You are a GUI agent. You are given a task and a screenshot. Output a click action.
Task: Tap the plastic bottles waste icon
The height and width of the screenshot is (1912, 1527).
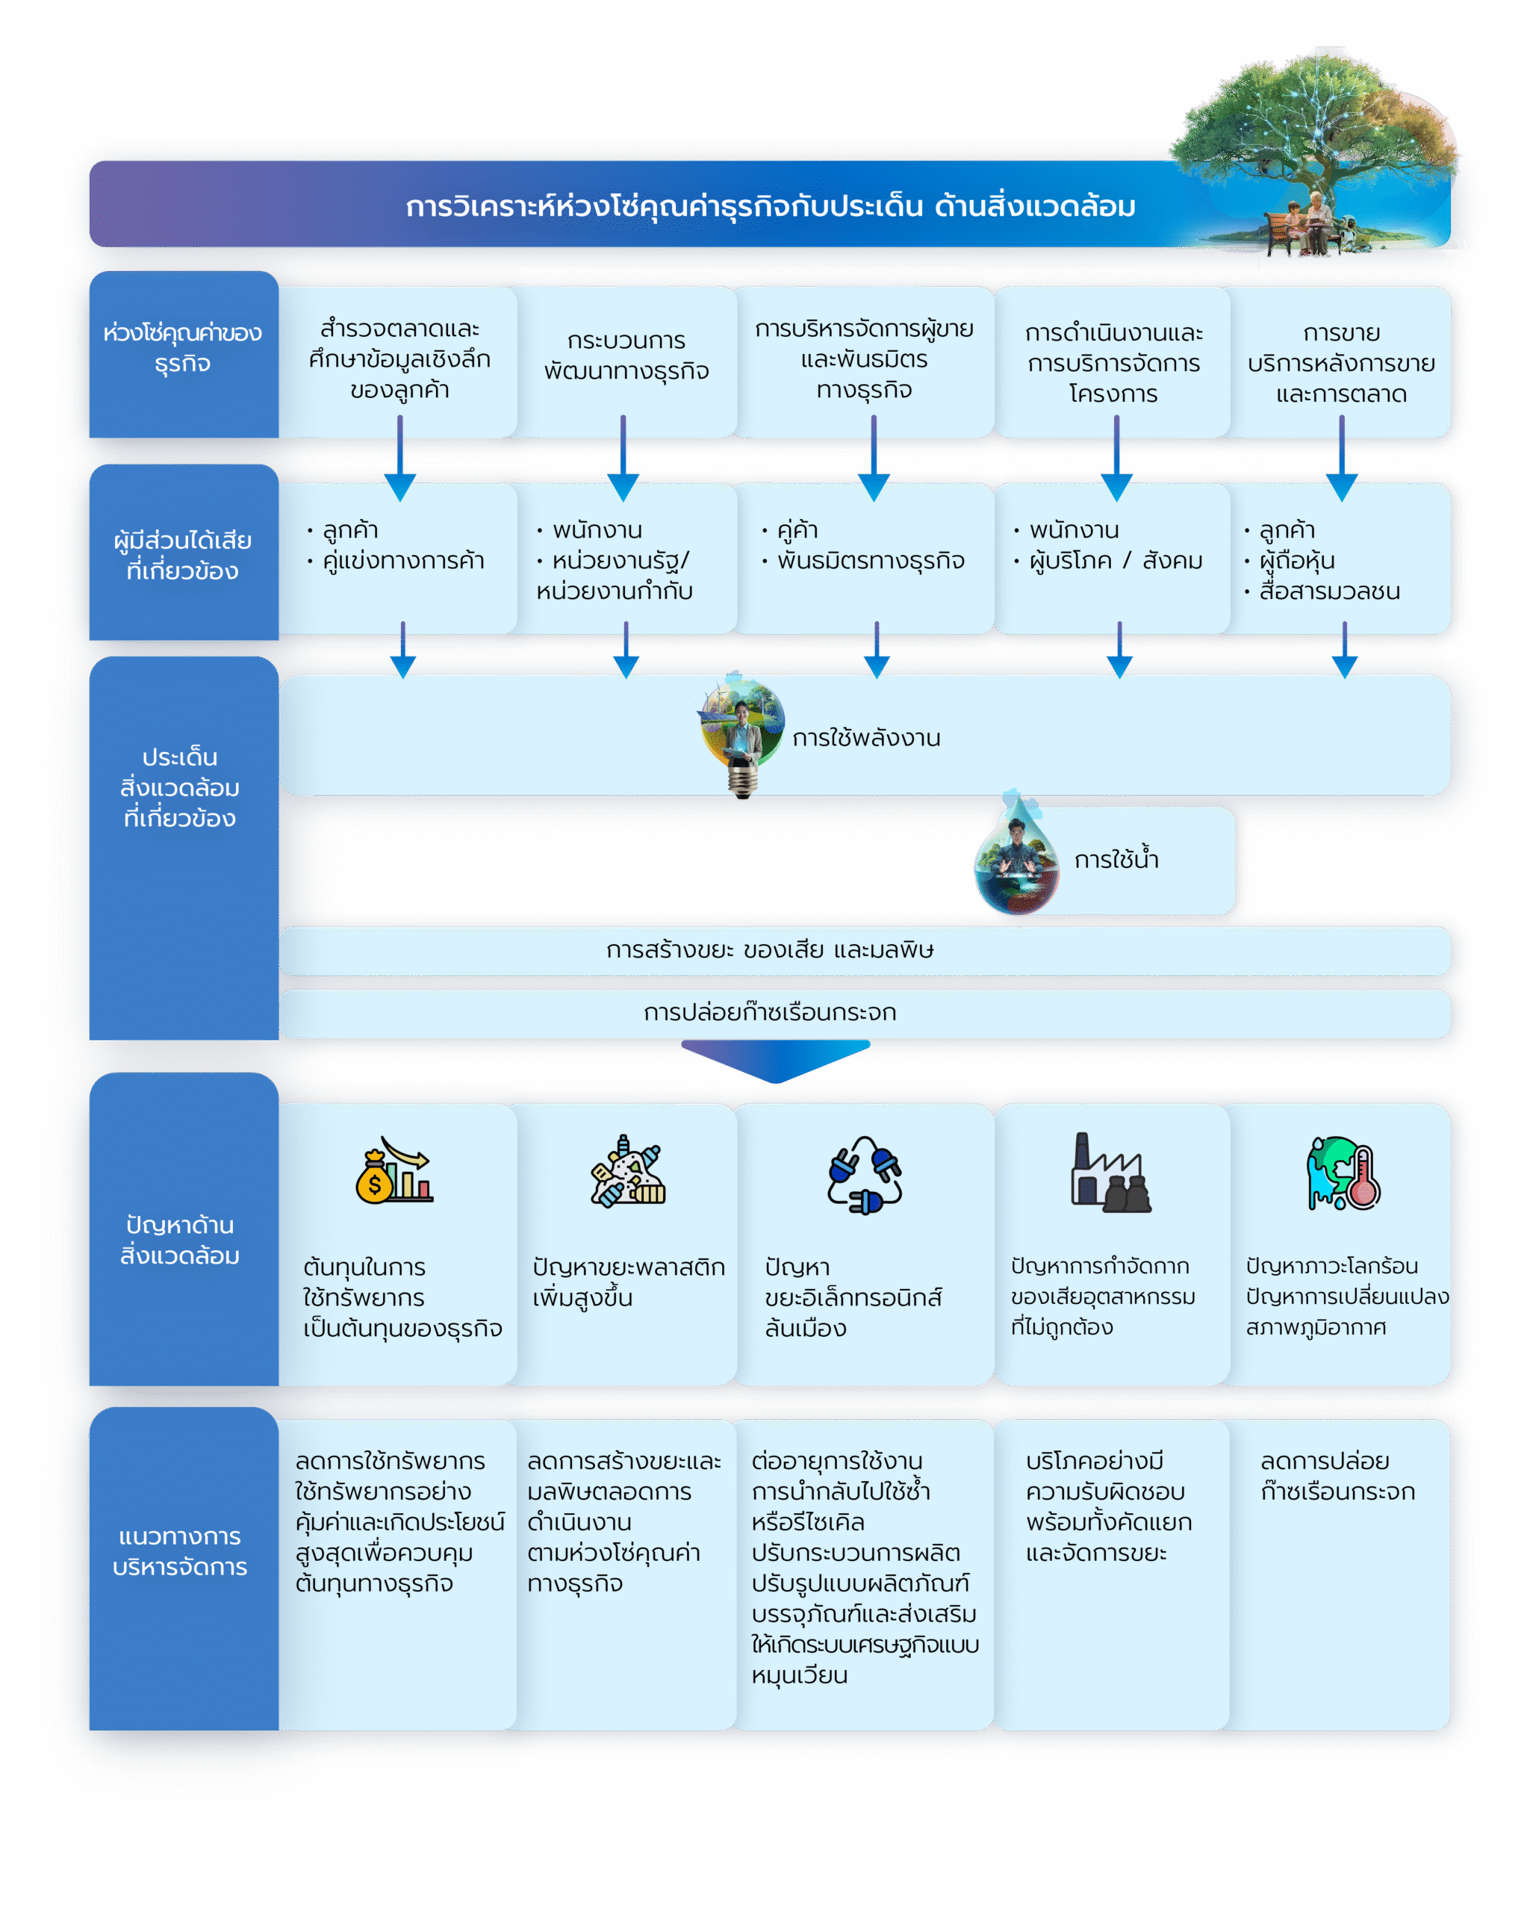coord(628,1170)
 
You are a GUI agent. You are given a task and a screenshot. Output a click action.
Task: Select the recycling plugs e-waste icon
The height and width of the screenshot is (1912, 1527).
coord(865,1174)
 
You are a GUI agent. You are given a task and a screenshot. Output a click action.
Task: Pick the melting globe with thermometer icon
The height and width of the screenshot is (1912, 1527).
coord(1343,1173)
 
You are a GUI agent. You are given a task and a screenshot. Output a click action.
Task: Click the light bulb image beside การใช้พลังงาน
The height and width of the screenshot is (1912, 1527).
coord(742,734)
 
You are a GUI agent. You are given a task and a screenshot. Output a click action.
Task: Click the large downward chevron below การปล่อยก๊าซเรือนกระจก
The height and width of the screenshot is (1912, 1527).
coord(776,1061)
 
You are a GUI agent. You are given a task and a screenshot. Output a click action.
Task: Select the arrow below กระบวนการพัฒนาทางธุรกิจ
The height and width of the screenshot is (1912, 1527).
coord(623,459)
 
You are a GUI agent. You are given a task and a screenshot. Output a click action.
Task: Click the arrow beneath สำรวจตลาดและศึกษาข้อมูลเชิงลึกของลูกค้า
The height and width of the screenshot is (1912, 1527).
coord(400,459)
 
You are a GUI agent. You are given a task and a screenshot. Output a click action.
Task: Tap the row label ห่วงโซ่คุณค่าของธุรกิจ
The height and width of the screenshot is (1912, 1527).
coord(183,347)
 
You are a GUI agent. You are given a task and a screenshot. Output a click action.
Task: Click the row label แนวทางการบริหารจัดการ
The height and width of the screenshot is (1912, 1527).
coord(180,1551)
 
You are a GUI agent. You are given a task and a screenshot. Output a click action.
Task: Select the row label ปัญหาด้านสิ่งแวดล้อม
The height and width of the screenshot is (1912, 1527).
coord(180,1240)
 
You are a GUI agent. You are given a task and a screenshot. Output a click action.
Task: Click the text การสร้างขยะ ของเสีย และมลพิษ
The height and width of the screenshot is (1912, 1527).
coord(770,950)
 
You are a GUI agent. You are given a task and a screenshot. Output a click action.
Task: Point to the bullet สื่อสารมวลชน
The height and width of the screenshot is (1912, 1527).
coord(1329,591)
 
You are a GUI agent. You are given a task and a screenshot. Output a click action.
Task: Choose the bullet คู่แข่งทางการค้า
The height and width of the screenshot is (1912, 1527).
coord(403,560)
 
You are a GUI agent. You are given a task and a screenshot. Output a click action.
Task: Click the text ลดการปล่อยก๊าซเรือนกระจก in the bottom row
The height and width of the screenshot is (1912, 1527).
coord(1337,1476)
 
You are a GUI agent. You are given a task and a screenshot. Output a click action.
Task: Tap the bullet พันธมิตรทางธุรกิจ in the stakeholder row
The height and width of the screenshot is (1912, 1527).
coord(871,560)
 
